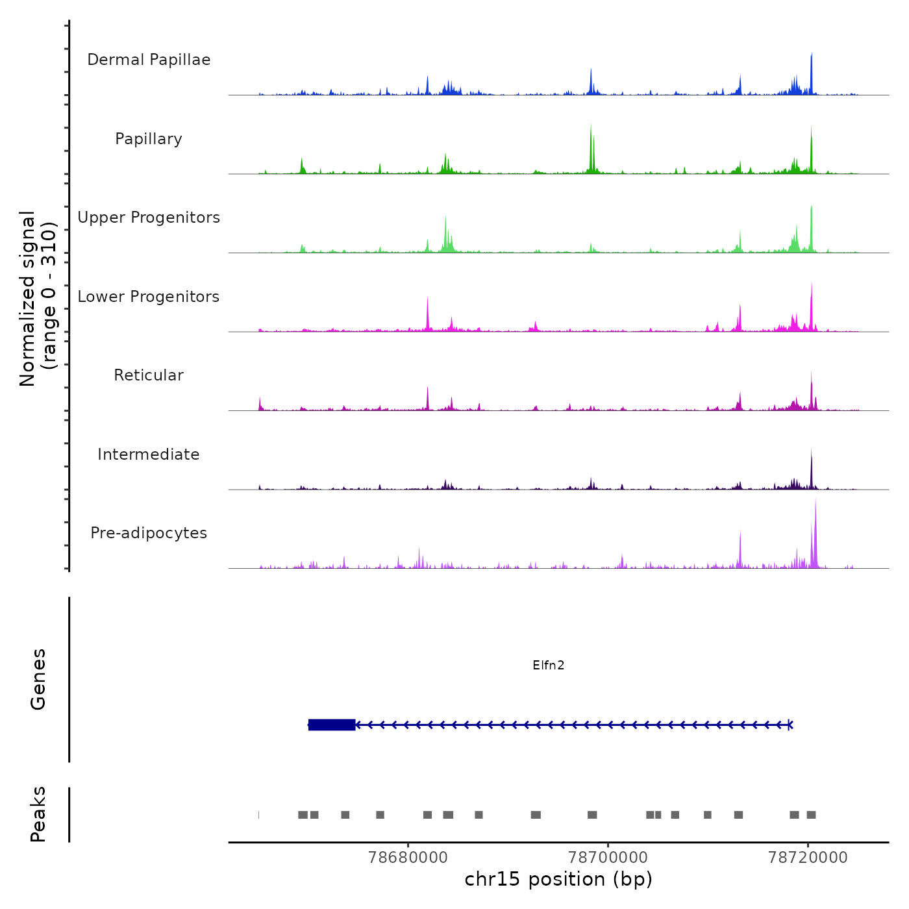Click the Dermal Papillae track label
click(x=149, y=60)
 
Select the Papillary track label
click(x=149, y=139)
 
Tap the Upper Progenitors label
click(x=149, y=218)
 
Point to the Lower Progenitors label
click(x=149, y=297)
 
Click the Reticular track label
click(x=149, y=375)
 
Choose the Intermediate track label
click(x=149, y=454)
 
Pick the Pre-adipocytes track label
click(x=149, y=533)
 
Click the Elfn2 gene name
click(x=548, y=665)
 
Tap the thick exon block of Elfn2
click(x=332, y=725)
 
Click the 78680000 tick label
click(x=408, y=857)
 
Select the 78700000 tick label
click(x=608, y=857)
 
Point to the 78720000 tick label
click(x=808, y=857)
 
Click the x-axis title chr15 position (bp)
click(x=558, y=879)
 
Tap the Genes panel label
click(x=38, y=679)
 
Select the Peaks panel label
click(x=38, y=814)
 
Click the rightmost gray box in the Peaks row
click(x=811, y=815)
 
